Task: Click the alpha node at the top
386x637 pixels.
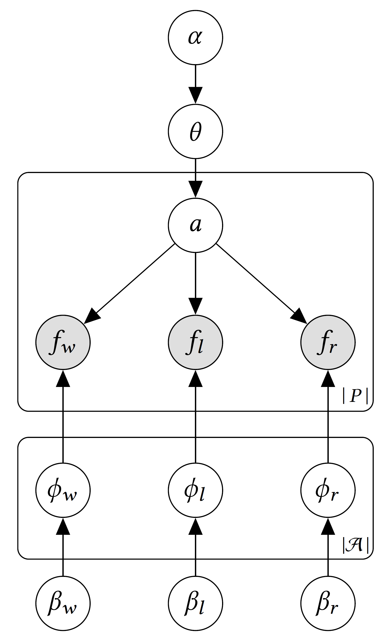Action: point(195,37)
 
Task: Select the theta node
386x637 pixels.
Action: point(195,131)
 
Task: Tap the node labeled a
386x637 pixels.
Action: point(195,225)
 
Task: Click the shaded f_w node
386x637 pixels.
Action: point(63,342)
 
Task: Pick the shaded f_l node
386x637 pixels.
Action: point(195,342)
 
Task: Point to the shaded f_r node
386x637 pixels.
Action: point(328,342)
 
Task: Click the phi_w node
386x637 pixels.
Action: point(63,490)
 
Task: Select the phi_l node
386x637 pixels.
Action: point(195,490)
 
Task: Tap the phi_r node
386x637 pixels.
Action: point(328,490)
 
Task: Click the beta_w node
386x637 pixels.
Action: point(63,603)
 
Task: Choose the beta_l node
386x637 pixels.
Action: point(195,603)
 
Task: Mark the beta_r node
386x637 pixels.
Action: point(328,603)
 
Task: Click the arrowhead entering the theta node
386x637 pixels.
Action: point(195,96)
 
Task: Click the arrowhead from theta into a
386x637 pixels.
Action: point(195,189)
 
